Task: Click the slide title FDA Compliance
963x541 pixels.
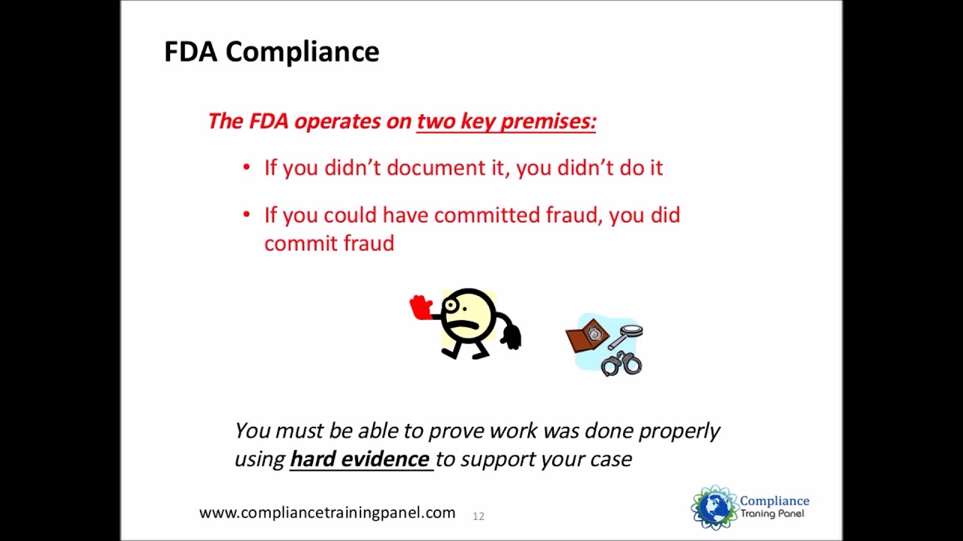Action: click(272, 52)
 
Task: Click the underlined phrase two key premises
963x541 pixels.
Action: click(506, 122)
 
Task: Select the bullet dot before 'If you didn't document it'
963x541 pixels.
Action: click(247, 168)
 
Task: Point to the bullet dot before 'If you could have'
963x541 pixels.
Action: click(247, 215)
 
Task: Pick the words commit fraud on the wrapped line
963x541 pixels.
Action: click(329, 243)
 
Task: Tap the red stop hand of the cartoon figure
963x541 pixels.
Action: click(421, 307)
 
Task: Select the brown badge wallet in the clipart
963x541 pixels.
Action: click(587, 336)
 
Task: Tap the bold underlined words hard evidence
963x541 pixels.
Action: click(360, 459)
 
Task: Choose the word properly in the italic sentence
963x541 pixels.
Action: click(679, 431)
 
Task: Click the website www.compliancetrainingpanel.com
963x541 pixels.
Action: click(327, 512)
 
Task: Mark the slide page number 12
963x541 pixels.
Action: click(478, 516)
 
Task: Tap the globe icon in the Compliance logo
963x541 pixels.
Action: click(714, 507)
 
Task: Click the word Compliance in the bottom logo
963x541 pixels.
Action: click(774, 501)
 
